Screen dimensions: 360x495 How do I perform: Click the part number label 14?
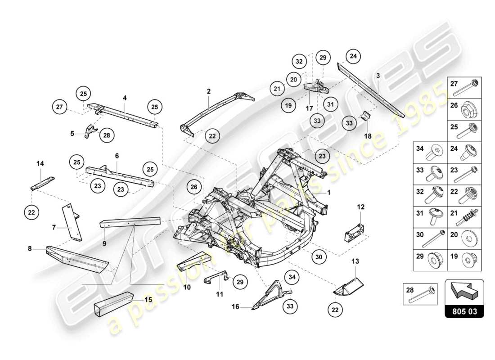[40, 164]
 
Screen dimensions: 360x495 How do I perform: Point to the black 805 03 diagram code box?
[464, 310]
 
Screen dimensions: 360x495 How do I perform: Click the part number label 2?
[209, 91]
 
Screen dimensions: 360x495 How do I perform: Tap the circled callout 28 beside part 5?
[107, 135]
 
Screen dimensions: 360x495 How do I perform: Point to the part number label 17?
[309, 108]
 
